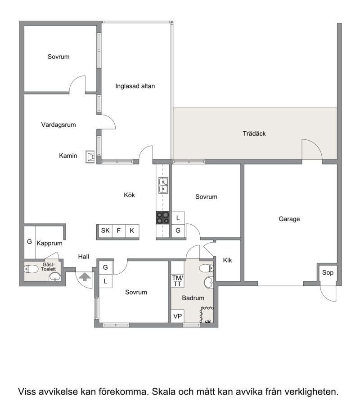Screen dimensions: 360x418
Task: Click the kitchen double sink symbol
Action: tap(163, 185)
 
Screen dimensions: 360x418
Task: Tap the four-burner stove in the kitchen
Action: tap(163, 218)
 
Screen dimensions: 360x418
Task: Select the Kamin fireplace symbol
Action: tap(90, 156)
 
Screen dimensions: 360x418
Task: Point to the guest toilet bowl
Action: tap(31, 269)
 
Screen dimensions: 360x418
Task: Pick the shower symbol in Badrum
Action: tap(207, 315)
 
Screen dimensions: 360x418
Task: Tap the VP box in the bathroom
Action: tap(177, 316)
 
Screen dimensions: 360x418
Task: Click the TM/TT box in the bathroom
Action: tap(177, 281)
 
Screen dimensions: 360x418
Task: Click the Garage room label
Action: tap(289, 219)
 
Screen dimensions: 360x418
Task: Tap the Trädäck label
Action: tap(254, 133)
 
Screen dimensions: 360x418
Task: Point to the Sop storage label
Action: tap(328, 272)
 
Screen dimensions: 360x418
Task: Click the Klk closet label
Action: tap(227, 260)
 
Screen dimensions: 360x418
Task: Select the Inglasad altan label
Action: tap(135, 86)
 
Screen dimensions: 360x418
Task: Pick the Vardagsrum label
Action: tap(58, 125)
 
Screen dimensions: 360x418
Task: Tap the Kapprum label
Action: tap(49, 243)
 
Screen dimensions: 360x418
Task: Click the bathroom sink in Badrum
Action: tap(209, 283)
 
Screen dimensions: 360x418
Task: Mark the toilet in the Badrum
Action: tap(207, 268)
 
